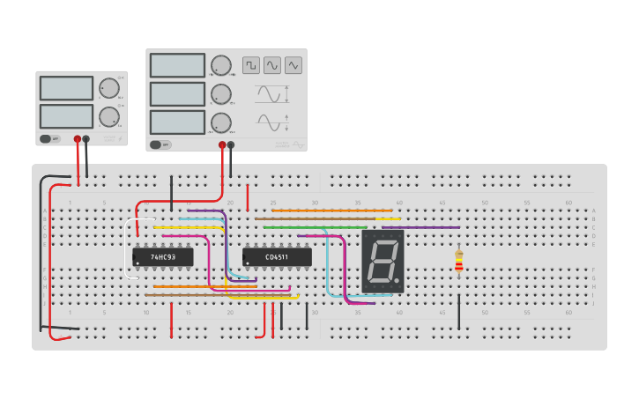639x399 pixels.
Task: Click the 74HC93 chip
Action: pos(162,257)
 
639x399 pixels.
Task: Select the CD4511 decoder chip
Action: pos(277,257)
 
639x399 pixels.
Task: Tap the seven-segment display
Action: pos(383,262)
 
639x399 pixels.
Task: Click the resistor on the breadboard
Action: pos(458,262)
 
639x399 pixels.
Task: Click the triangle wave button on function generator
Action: pos(293,65)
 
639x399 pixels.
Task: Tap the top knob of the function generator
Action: pos(221,65)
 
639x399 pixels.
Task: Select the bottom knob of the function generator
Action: pos(221,122)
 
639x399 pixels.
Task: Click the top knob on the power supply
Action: pos(108,88)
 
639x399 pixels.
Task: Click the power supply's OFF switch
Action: pos(49,138)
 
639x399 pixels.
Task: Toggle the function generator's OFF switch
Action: pos(160,144)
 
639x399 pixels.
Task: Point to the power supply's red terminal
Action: pos(78,139)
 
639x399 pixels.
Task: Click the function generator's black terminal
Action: pos(231,144)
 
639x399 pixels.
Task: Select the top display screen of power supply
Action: pos(66,88)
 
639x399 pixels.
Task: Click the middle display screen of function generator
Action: pos(177,94)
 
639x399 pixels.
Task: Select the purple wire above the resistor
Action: pos(420,227)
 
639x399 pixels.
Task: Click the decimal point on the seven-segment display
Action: pos(398,282)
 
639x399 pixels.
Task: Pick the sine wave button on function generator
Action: pos(272,65)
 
